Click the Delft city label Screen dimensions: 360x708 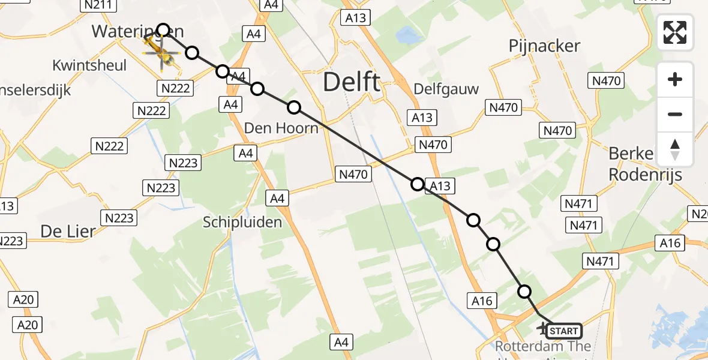click(x=352, y=82)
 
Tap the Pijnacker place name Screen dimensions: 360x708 click(x=544, y=46)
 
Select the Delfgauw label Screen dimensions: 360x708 click(x=446, y=89)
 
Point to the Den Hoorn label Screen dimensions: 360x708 click(x=281, y=128)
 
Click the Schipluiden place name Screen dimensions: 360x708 click(x=242, y=223)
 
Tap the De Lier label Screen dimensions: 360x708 click(x=68, y=230)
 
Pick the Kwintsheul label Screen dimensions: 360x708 click(x=89, y=65)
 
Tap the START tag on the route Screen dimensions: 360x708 click(x=563, y=331)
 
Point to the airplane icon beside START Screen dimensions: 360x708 click(x=543, y=329)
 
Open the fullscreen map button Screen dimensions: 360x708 click(x=675, y=32)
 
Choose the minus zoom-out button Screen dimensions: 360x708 click(x=675, y=114)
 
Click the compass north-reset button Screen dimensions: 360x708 click(x=675, y=149)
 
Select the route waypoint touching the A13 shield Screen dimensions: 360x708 click(x=418, y=184)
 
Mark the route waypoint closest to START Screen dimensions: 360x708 click(x=524, y=292)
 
